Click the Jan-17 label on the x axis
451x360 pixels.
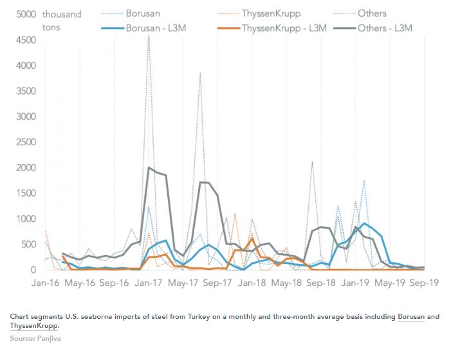coord(149,282)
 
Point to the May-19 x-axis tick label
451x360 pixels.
coord(390,282)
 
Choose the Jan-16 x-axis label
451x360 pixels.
coord(45,282)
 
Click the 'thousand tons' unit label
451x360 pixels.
coord(62,21)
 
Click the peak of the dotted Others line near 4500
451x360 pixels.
coord(149,37)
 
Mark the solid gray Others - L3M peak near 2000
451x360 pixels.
coord(149,168)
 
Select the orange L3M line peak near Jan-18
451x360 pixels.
coord(252,239)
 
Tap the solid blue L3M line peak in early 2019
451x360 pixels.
coord(364,224)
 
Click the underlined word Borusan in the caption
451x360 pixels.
coord(410,316)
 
